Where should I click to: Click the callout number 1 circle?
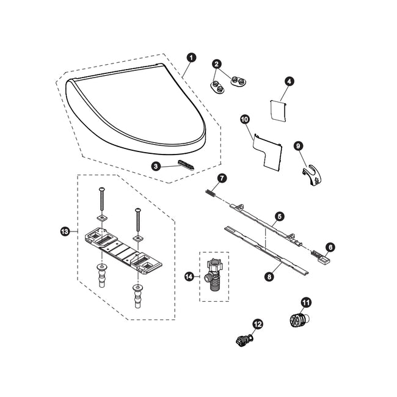[x=192, y=57]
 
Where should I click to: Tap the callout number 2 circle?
[x=217, y=64]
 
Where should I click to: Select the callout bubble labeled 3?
[x=156, y=166]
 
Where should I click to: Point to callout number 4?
[x=289, y=81]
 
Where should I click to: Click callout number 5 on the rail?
[x=279, y=216]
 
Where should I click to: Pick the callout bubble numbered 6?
[x=330, y=247]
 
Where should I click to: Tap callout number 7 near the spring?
[x=222, y=178]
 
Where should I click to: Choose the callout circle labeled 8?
[x=269, y=276]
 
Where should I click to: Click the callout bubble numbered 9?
[x=298, y=145]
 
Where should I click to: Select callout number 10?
[x=245, y=119]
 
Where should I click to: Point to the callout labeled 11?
[x=305, y=301]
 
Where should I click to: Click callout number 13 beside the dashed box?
[x=65, y=231]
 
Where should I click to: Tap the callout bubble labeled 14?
[x=189, y=276]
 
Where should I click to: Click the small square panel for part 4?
[x=279, y=112]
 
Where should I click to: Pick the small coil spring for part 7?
[x=210, y=193]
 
